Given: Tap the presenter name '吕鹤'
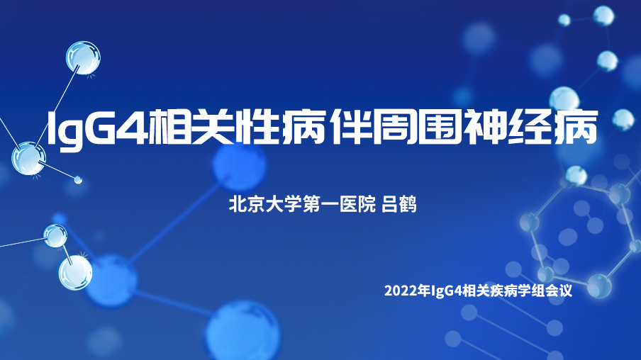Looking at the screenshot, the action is tap(399, 204).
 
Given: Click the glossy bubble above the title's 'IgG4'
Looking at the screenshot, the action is tap(83, 57).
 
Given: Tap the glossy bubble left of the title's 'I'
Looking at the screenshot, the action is tap(28, 159).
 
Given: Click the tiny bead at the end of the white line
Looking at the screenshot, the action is tap(78, 179).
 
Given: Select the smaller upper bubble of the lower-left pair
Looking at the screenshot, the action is tap(55, 236).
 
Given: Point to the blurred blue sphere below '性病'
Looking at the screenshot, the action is tap(239, 165).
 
